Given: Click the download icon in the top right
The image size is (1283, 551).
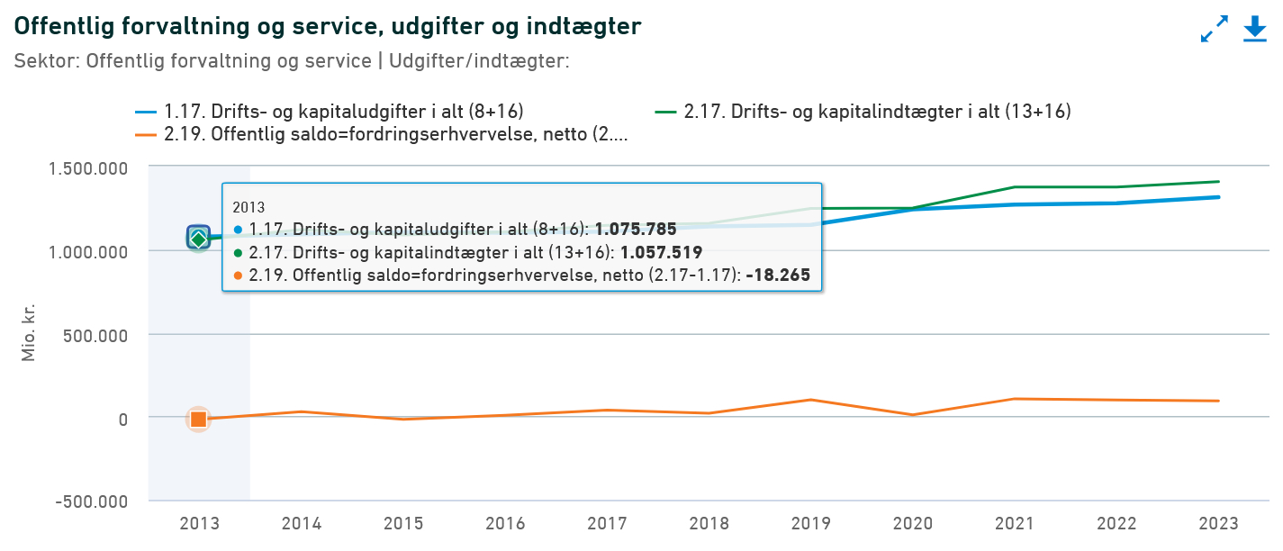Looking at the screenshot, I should tap(1255, 29).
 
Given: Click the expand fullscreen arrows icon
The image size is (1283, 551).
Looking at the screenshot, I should tap(1215, 29).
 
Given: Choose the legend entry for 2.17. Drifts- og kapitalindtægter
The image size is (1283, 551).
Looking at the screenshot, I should tap(863, 112).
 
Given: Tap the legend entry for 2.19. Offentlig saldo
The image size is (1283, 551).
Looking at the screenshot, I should tap(382, 135).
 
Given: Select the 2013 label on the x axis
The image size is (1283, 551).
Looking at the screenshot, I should tap(199, 524).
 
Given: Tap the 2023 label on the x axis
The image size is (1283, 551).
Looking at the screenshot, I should tap(1220, 524).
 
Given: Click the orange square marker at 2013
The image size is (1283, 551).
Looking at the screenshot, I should tap(199, 419).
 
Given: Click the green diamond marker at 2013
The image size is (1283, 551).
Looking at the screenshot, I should tap(199, 239).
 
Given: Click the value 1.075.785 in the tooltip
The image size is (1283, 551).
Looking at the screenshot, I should tap(636, 230).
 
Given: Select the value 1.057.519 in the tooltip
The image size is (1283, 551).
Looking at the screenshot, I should tap(661, 253).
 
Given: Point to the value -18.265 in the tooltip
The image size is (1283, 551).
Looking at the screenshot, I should tap(778, 276).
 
